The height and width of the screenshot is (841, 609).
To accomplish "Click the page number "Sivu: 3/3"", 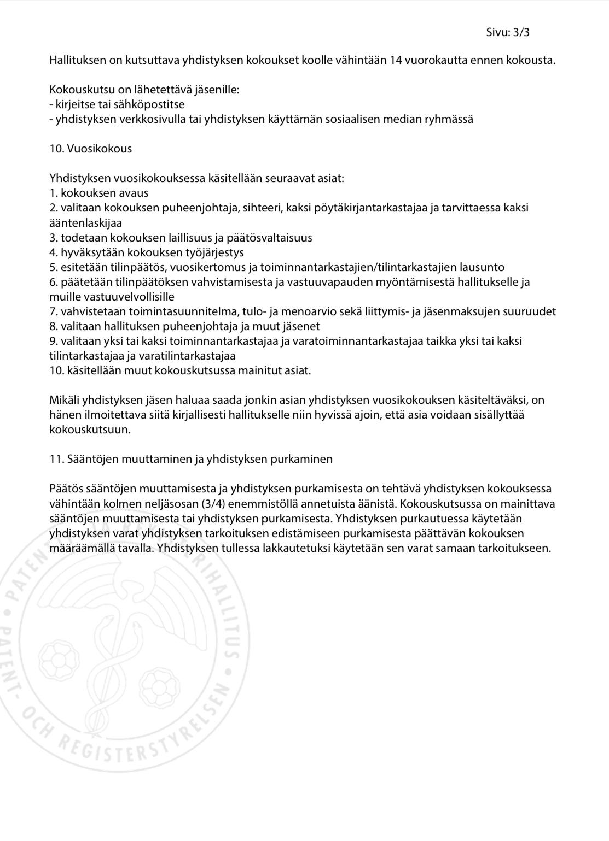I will (x=507, y=32).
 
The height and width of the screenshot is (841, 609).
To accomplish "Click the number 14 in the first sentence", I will (x=396, y=60).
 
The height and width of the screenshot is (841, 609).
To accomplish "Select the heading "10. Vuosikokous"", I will (x=90, y=149).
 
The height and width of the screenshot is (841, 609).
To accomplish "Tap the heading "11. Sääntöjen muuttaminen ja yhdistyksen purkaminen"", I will (x=190, y=459).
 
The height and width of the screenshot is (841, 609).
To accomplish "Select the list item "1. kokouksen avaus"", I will (x=98, y=193).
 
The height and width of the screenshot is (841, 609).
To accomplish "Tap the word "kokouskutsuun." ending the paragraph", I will (x=90, y=430).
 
